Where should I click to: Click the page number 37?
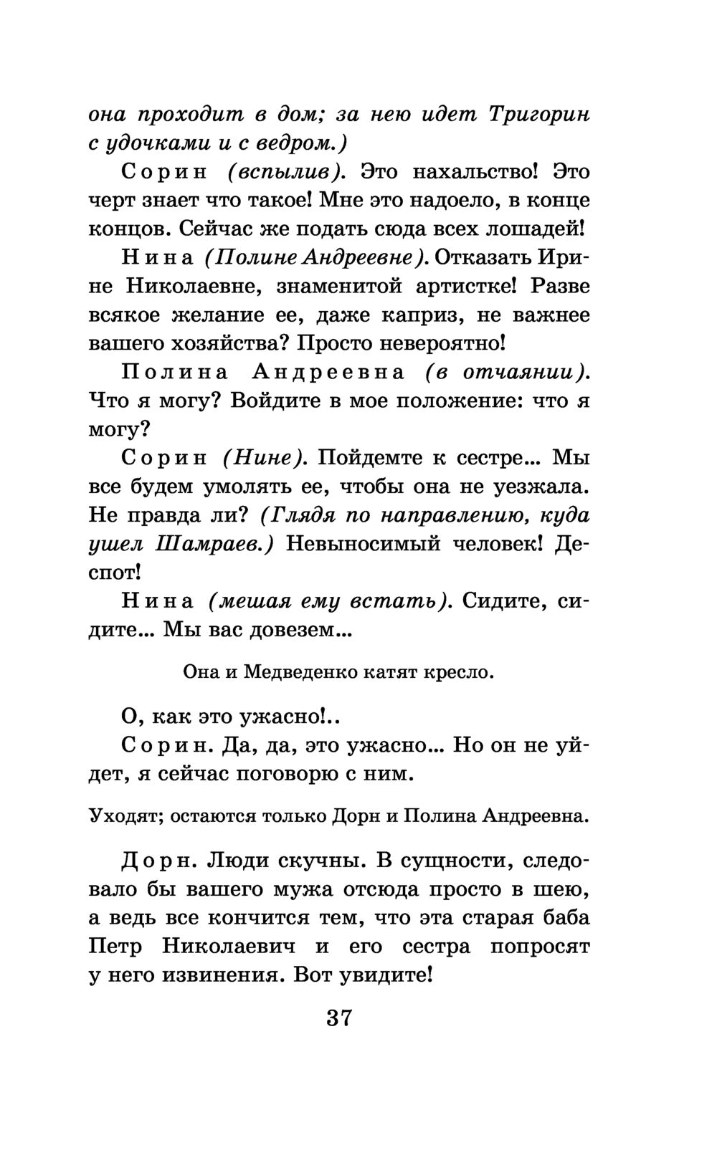coord(338,1018)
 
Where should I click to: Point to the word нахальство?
coord(449,172)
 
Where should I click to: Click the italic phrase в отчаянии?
coord(507,373)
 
